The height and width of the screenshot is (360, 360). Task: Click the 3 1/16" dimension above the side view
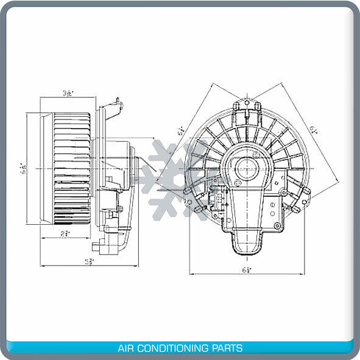click(68, 93)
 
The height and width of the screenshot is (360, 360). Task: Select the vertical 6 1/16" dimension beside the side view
click(23, 168)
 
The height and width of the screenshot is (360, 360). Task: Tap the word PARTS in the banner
click(228, 348)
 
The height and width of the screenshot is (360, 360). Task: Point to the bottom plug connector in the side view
click(97, 249)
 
